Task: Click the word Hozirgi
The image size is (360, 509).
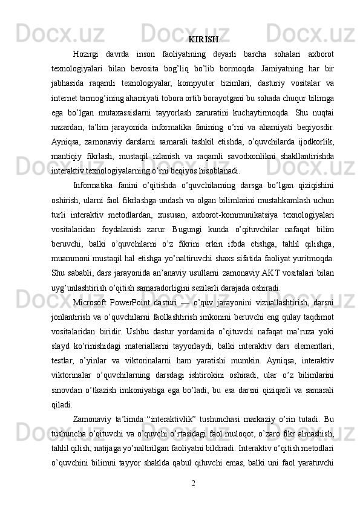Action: tap(87, 57)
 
